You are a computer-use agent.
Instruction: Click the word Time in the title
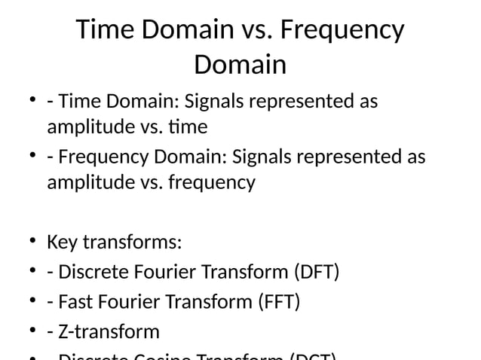click(106, 31)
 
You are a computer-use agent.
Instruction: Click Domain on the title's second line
click(240, 65)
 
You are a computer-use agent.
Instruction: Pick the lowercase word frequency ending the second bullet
click(213, 182)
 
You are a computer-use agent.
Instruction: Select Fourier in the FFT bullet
click(133, 302)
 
